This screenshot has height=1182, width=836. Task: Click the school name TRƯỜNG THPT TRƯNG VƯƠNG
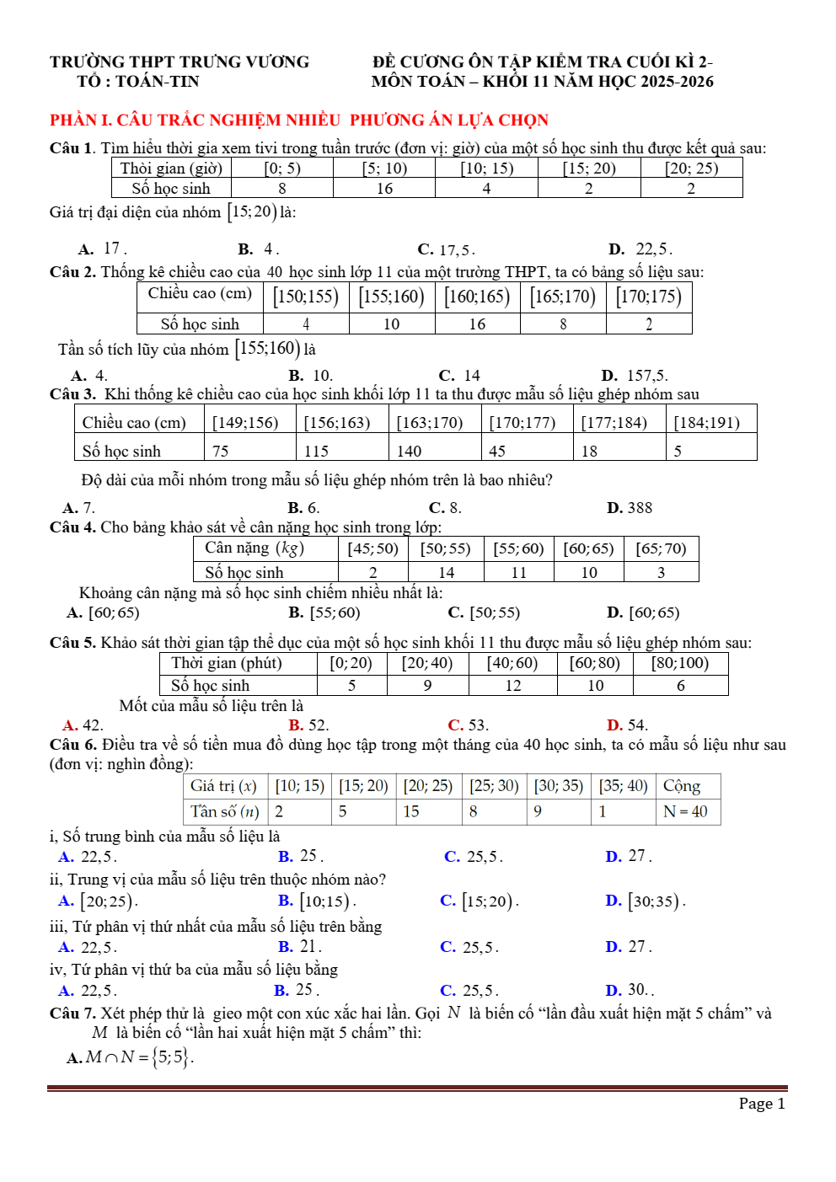tap(180, 62)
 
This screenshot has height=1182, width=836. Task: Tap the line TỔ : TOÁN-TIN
tap(138, 82)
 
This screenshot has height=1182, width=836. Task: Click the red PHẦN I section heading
tap(299, 120)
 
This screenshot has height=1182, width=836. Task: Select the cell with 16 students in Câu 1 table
tap(384, 189)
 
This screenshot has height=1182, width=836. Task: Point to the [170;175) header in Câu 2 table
tap(648, 297)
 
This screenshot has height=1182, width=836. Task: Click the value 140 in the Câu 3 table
tap(410, 451)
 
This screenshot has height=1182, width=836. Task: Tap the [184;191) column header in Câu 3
tap(706, 422)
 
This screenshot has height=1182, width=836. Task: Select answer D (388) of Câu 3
tap(630, 508)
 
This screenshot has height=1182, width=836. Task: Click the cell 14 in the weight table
tap(446, 573)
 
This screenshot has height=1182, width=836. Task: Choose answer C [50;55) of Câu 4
tap(485, 613)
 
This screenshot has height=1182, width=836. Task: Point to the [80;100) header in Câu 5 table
tap(680, 663)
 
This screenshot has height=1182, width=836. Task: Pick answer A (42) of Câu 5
tap(83, 725)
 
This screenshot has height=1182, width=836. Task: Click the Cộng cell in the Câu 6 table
tap(682, 786)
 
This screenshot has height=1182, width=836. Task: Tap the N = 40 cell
tap(685, 811)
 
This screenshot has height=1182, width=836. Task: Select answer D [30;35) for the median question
tap(646, 901)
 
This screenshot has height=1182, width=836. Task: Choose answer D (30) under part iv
tap(629, 990)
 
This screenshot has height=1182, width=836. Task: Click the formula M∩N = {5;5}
tap(139, 1057)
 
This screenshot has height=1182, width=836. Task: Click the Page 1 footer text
tap(762, 1104)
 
